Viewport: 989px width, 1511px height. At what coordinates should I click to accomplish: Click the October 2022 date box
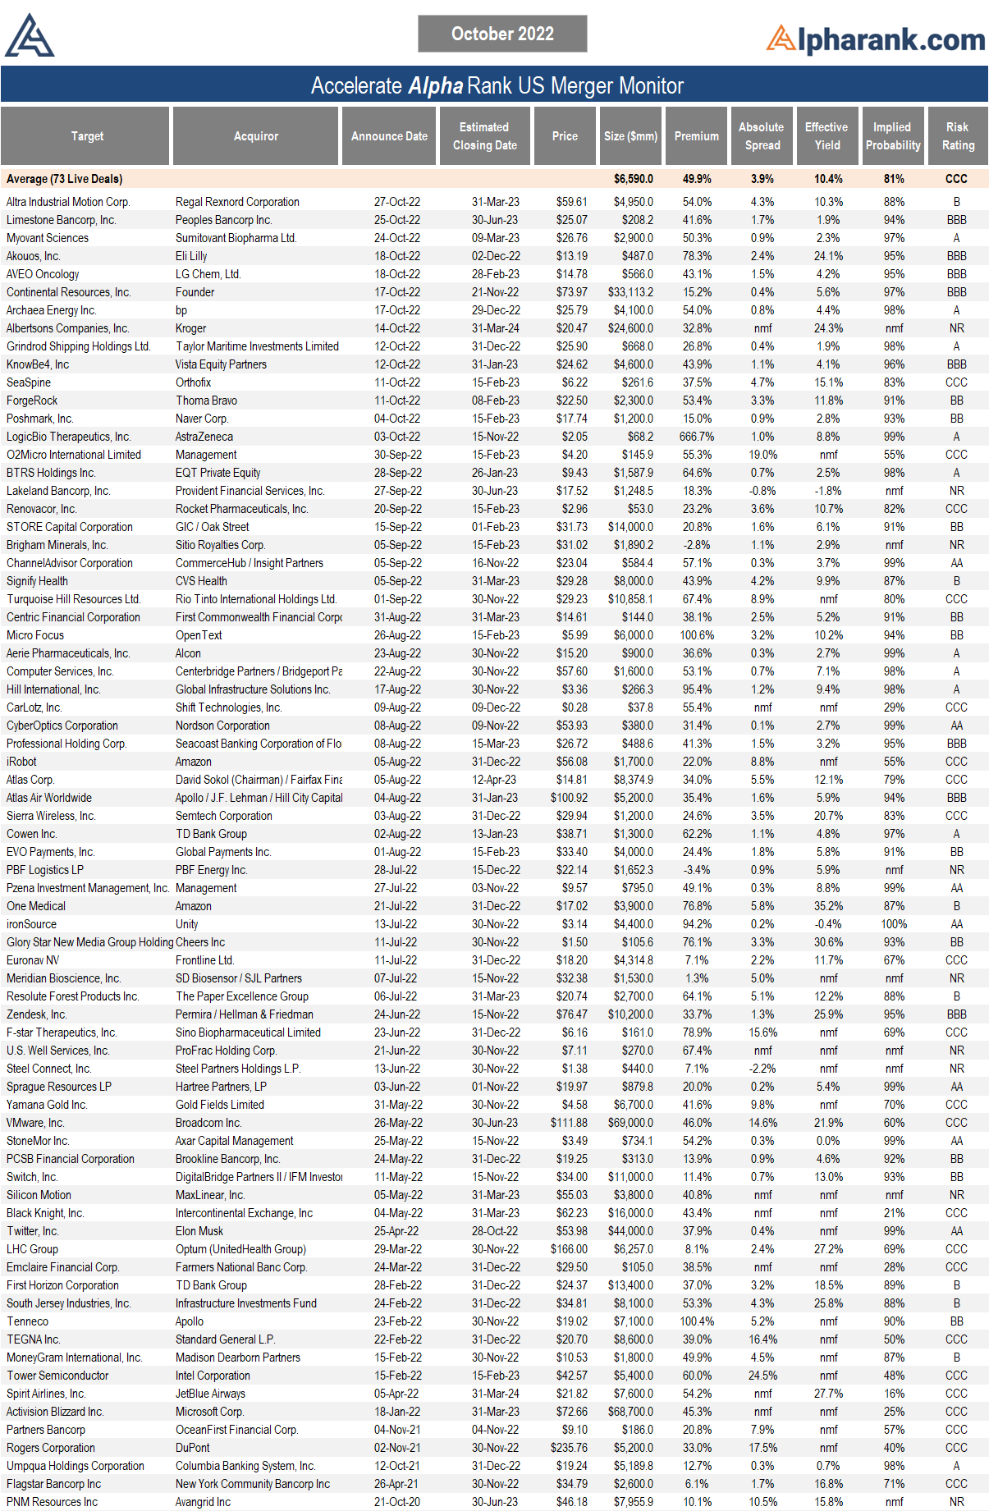[x=502, y=34]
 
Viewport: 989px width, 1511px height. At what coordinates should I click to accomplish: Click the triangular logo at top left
[x=29, y=36]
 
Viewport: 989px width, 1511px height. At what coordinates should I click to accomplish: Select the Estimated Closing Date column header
[x=484, y=136]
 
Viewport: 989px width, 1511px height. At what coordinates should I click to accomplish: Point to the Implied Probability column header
[x=892, y=136]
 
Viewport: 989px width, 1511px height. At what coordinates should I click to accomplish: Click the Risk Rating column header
[x=957, y=136]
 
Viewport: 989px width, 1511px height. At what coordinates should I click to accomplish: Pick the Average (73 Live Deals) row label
[x=65, y=179]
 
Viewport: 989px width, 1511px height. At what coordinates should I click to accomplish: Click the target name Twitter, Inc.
[x=33, y=1231]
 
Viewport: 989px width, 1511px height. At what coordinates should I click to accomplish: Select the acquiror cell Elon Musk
[x=199, y=1231]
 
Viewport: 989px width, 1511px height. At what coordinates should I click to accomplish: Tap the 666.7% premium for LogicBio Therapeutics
[x=696, y=437]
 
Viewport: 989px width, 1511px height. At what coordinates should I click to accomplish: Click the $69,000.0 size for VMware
[x=630, y=1123]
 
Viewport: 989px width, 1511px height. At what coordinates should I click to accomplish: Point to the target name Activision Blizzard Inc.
[x=55, y=1412]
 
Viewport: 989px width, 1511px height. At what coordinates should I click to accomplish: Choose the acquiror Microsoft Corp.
[x=209, y=1412]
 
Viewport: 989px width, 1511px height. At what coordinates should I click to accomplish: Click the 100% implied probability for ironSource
[x=894, y=924]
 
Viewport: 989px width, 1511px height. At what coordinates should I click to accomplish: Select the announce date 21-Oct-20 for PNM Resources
[x=397, y=1502]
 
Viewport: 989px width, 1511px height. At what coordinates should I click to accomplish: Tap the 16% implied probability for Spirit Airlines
[x=894, y=1394]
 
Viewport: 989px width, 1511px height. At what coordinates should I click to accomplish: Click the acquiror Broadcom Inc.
[x=208, y=1123]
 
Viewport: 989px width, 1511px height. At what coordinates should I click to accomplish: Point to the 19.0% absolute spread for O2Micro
[x=762, y=455]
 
